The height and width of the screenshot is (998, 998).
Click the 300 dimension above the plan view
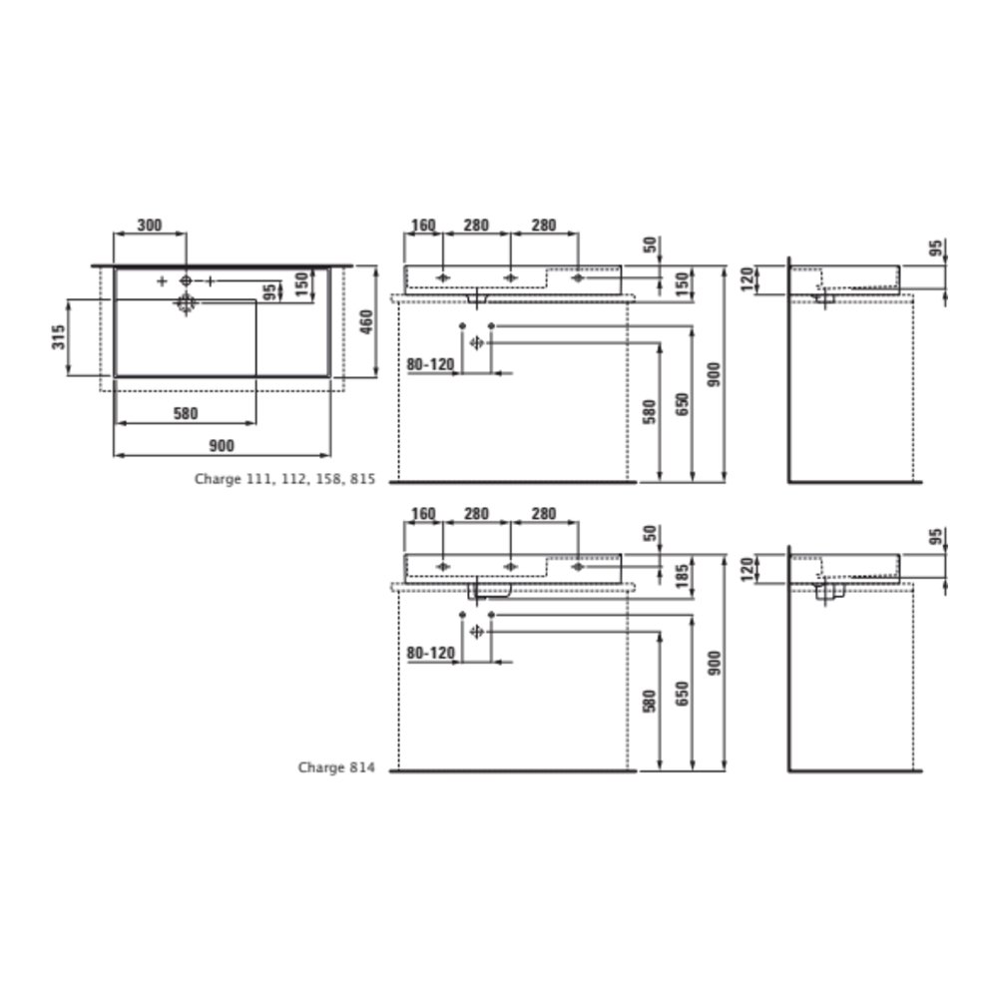coord(150,226)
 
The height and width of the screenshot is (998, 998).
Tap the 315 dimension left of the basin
coord(59,336)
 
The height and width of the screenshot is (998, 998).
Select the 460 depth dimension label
coord(366,322)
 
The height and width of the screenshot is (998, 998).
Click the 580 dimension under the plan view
coord(186,414)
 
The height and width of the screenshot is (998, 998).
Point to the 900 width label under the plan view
coord(222,445)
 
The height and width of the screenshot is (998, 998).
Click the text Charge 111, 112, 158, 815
coord(284,479)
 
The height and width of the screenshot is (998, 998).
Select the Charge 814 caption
coord(336,767)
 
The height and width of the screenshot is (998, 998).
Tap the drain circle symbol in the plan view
coord(186,303)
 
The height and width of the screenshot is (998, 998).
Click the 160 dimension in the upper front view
coord(423,226)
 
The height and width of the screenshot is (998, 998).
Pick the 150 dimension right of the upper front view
coord(682,282)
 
